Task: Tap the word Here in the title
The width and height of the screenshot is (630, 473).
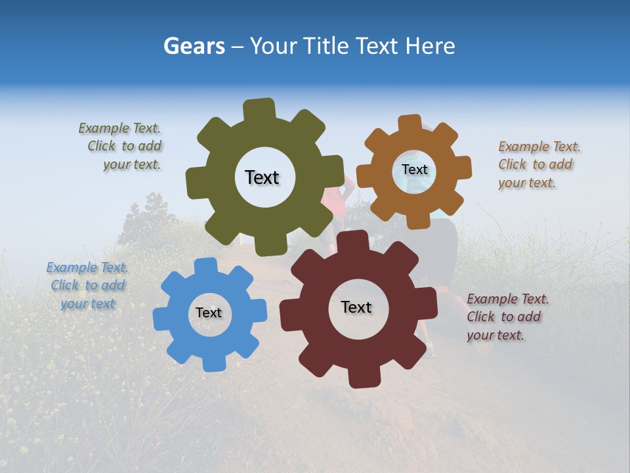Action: [430, 46]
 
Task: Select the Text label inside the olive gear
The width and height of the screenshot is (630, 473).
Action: [262, 177]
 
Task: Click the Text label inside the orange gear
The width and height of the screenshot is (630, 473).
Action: [414, 169]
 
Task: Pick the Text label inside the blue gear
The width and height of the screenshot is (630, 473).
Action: [209, 313]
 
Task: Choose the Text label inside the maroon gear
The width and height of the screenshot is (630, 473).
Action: [356, 307]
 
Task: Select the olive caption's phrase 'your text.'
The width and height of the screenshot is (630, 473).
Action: [132, 164]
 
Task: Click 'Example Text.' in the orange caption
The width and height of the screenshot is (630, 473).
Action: [539, 146]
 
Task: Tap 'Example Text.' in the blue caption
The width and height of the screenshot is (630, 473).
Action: [87, 267]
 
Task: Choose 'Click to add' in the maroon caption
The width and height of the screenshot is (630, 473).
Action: [504, 317]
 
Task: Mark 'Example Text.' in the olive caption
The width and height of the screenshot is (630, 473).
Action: [119, 128]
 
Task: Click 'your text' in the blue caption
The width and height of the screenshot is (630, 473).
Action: [88, 304]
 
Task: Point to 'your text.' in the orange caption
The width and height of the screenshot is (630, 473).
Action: [527, 183]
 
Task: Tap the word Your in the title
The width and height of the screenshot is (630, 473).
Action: [274, 46]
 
